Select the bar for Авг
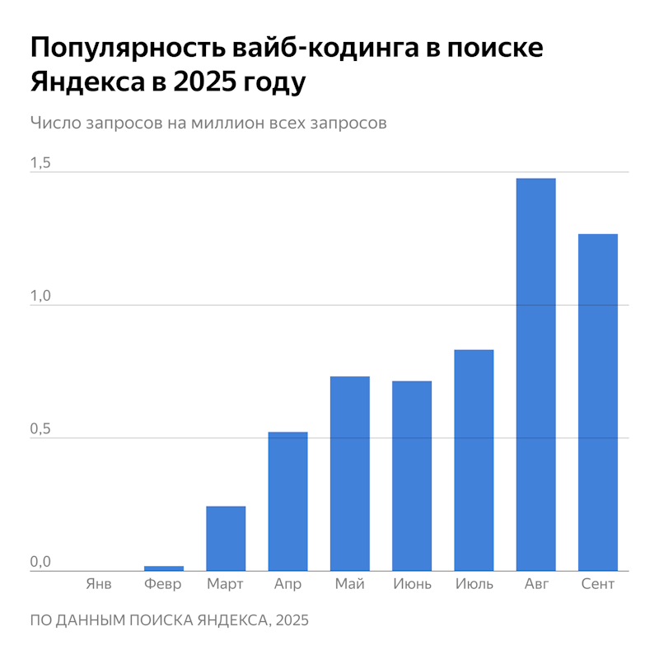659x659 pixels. pyautogui.click(x=535, y=375)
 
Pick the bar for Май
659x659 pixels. pyautogui.click(x=349, y=474)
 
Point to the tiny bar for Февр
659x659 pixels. pyautogui.click(x=164, y=568)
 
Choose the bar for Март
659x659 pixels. pyautogui.click(x=226, y=538)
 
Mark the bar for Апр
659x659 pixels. pyautogui.click(x=287, y=501)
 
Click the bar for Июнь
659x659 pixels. pyautogui.click(x=412, y=475)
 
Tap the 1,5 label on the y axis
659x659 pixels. pyautogui.click(x=40, y=163)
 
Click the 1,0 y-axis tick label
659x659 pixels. pyautogui.click(x=40, y=297)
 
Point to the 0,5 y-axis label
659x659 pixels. pyautogui.click(x=40, y=429)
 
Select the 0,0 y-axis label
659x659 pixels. pyautogui.click(x=40, y=563)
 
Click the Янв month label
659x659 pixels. pyautogui.click(x=99, y=584)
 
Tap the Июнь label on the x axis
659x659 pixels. pyautogui.click(x=412, y=584)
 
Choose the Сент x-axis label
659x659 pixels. pyautogui.click(x=598, y=584)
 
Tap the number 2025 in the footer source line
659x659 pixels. pyautogui.click(x=292, y=619)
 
